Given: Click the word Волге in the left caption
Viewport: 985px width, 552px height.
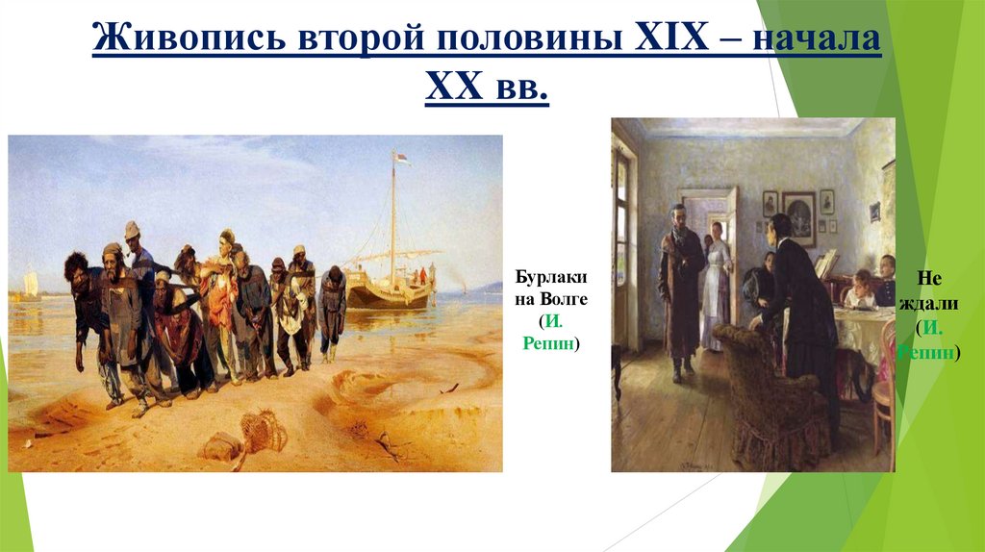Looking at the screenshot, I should tap(567, 300).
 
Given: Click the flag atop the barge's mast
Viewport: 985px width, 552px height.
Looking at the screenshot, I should tap(401, 158).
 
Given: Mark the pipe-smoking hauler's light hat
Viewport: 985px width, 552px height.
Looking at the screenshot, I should tap(132, 229).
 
